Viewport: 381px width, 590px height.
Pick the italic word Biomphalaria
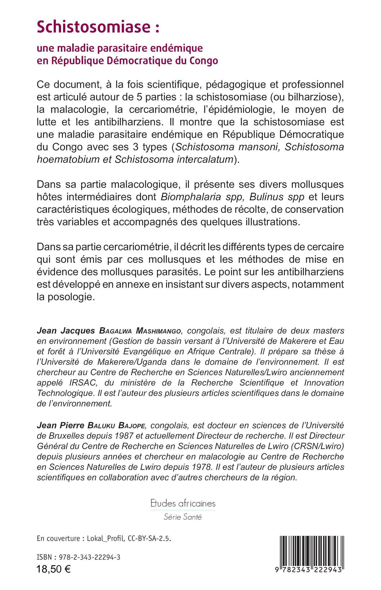(191, 197)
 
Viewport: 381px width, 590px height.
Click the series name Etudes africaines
(183, 503)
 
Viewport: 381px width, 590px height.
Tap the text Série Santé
(183, 517)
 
